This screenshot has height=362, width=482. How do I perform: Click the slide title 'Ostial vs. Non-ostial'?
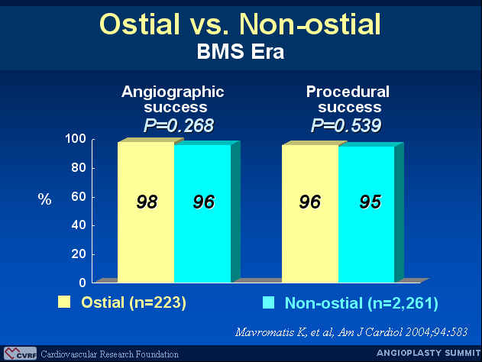pos(240,24)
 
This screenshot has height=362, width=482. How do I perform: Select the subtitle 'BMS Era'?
pos(241,51)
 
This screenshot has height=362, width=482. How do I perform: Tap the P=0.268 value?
pos(179,126)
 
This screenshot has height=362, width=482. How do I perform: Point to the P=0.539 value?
pos(346,126)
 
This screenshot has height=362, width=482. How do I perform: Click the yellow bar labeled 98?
pos(146,212)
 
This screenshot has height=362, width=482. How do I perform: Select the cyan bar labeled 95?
pos(367,214)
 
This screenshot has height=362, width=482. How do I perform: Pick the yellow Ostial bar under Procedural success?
pos(310,214)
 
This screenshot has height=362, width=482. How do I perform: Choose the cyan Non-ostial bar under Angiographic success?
pos(202,214)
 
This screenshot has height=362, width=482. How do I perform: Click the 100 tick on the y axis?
pos(76,139)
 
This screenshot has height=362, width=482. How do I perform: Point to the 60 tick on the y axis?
pos(79,197)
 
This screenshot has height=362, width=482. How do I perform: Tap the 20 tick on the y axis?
pos(79,254)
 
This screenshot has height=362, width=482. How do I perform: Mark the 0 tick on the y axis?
pos(82,283)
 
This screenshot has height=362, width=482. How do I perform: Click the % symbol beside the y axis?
pos(44,199)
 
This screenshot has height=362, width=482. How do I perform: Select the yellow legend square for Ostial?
pos(64,302)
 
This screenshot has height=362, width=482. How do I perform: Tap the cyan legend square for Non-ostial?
pos(268,302)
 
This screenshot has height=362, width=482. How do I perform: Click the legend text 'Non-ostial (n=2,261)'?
pos(361,303)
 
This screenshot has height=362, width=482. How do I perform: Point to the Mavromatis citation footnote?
pos(351,332)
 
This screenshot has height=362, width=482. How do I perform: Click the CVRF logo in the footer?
pos(20,354)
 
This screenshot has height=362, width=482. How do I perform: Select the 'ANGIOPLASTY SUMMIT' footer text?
pos(429,353)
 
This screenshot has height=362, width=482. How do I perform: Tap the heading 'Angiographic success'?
pos(173,99)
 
